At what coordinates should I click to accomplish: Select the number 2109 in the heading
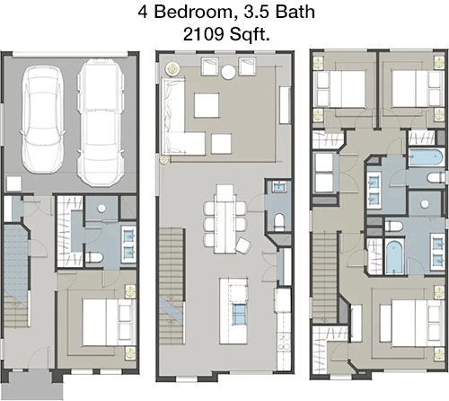pos(204,34)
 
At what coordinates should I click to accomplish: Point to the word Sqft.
pos(250,35)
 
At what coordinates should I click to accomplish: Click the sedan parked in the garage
pos(43,120)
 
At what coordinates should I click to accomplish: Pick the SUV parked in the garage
pos(101,122)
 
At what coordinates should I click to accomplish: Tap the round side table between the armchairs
pos(228,72)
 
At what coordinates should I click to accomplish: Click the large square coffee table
pos(207,105)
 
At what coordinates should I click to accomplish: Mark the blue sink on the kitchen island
pos(239,314)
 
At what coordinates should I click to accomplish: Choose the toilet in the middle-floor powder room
pos(279,222)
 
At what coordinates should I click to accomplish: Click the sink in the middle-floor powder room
pos(278,187)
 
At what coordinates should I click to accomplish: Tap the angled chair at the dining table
pos(243,245)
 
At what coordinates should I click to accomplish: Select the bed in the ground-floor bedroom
pos(109,322)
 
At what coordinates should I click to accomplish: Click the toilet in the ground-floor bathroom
pos(94,257)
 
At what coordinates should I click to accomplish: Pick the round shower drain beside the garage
pos(102,208)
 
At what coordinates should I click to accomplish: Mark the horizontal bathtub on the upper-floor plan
pos(426,157)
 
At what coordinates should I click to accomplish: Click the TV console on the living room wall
pos(286,105)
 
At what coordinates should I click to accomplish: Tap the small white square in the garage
pos(14,183)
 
